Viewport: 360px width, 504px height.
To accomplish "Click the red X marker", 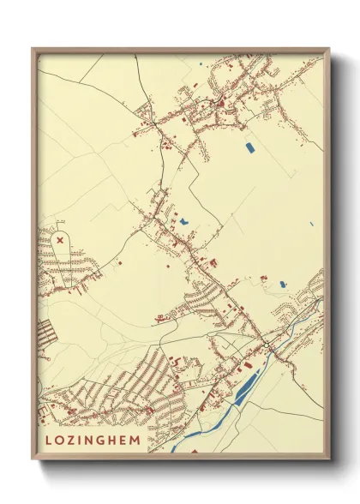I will point(59,241).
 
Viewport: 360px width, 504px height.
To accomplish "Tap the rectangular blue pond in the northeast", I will point(249,147).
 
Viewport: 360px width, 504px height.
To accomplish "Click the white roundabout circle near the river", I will point(267,345).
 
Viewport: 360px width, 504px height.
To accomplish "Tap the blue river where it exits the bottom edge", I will point(176,447).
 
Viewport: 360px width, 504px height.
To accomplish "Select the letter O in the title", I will point(58,439).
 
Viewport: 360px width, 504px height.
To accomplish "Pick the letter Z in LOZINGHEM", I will point(69,439).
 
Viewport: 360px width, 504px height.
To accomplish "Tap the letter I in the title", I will point(78,439).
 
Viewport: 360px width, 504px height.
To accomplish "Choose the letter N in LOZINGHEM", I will point(88,439).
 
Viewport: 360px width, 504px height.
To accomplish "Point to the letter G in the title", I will point(101,439).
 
